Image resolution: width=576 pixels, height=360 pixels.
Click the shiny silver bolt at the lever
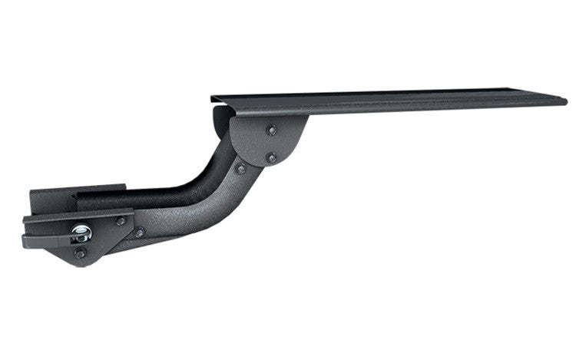tap(82, 231)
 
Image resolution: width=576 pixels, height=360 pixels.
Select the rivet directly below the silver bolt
tap(80, 253)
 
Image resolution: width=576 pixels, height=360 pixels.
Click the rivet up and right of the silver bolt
tap(120, 221)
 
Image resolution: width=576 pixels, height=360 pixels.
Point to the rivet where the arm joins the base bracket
tap(139, 233)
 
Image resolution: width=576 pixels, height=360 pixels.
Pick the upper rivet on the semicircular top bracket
tap(270, 130)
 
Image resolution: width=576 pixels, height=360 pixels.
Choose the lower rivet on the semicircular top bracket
tap(271, 158)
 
